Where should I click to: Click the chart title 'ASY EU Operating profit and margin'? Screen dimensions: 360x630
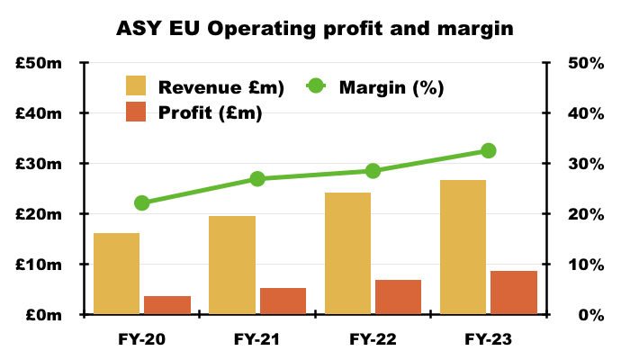pyautogui.click(x=314, y=28)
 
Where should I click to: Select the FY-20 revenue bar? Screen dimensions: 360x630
pyautogui.click(x=117, y=274)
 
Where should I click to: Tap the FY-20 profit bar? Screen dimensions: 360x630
pyautogui.click(x=167, y=305)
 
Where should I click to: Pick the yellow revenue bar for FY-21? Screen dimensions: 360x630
pyautogui.click(x=232, y=265)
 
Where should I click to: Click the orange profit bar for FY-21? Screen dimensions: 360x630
pyautogui.click(x=283, y=301)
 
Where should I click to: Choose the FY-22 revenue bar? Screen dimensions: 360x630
pyautogui.click(x=347, y=254)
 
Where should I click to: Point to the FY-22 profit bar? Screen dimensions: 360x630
pyautogui.click(x=398, y=297)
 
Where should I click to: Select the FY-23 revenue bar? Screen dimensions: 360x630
pyautogui.click(x=463, y=247)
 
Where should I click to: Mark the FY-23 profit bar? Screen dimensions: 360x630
pyautogui.click(x=514, y=292)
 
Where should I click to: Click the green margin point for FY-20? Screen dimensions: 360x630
pyautogui.click(x=142, y=203)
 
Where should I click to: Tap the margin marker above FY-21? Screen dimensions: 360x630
pyautogui.click(x=257, y=179)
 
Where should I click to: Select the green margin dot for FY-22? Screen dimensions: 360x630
pyautogui.click(x=373, y=171)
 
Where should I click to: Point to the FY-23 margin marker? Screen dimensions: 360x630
pyautogui.click(x=488, y=150)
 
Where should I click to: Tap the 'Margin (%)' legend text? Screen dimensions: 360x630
pyautogui.click(x=391, y=87)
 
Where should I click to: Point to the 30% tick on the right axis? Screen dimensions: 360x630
pyautogui.click(x=583, y=164)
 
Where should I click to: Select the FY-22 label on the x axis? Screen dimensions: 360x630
pyautogui.click(x=373, y=339)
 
